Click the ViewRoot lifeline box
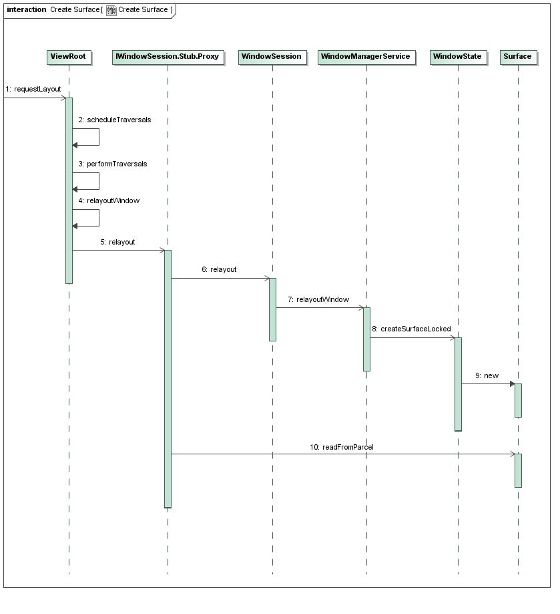pyautogui.click(x=69, y=57)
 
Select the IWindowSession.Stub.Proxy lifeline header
pyautogui.click(x=168, y=57)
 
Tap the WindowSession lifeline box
pyautogui.click(x=272, y=57)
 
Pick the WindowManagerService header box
pyautogui.click(x=366, y=57)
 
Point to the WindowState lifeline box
pyautogui.click(x=458, y=57)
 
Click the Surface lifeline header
pyautogui.click(x=518, y=57)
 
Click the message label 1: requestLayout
pyautogui.click(x=33, y=90)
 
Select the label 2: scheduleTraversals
pyautogui.click(x=115, y=120)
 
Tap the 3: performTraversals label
pyautogui.click(x=113, y=164)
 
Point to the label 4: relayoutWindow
pyautogui.click(x=109, y=201)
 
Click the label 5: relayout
pyautogui.click(x=117, y=243)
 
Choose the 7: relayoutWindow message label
pyautogui.click(x=318, y=299)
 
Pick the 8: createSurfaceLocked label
pyautogui.click(x=411, y=329)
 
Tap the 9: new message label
pyautogui.click(x=487, y=376)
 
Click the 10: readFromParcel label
pyautogui.click(x=341, y=447)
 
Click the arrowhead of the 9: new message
pyautogui.click(x=513, y=383)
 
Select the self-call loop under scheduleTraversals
pyautogui.click(x=99, y=137)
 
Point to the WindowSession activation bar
pyautogui.click(x=272, y=309)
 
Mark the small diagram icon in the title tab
pyautogui.click(x=111, y=10)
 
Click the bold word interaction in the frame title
pyautogui.click(x=27, y=9)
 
